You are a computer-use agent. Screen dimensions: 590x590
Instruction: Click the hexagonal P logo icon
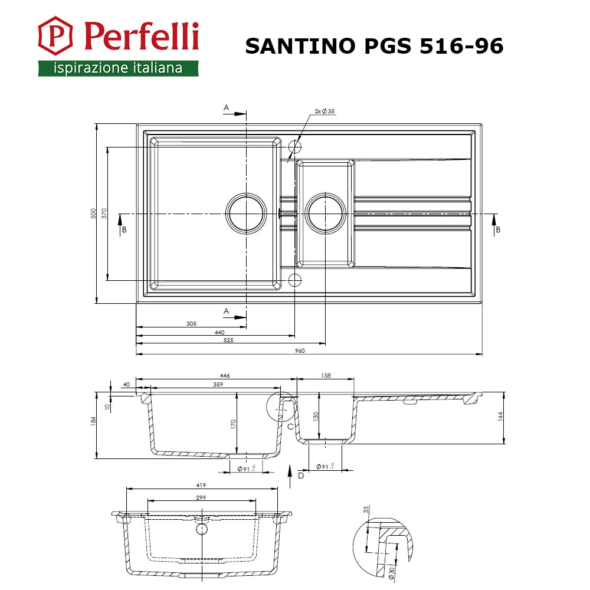(55, 36)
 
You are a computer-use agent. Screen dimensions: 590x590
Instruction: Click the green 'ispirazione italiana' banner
(118, 68)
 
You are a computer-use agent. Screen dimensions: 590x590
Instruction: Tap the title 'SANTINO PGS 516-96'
(375, 46)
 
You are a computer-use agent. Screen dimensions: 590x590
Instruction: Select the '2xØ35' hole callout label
(324, 111)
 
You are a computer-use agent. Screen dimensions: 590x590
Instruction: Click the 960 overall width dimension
(300, 350)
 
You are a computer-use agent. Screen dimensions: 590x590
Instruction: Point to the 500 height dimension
(93, 214)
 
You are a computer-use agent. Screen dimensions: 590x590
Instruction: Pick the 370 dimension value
(104, 214)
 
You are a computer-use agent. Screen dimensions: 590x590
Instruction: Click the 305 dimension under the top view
(192, 323)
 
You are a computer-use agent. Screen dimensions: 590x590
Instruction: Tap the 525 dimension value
(228, 340)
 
